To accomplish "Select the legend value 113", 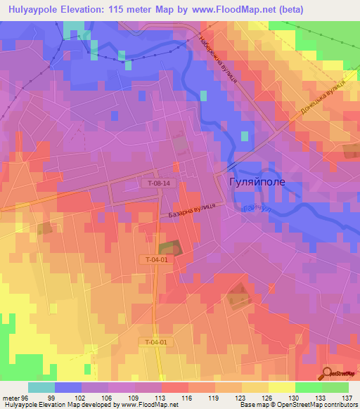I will [x=160, y=398].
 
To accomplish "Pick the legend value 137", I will [x=347, y=398].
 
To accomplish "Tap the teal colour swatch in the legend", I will [x=41, y=387].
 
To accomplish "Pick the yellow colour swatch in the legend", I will [x=282, y=387].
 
